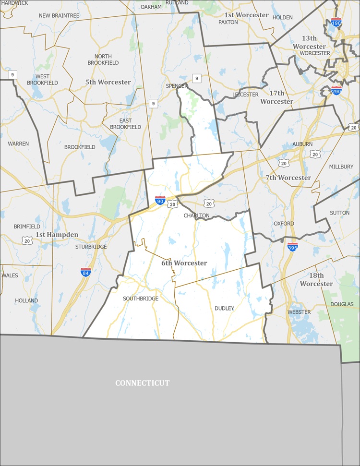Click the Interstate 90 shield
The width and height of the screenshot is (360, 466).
click(x=160, y=200)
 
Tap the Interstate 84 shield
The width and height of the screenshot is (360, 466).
click(x=86, y=272)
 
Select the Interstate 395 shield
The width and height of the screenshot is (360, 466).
click(x=292, y=247)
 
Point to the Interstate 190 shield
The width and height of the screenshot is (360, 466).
click(x=336, y=22)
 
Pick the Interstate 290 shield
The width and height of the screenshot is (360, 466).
click(x=336, y=90)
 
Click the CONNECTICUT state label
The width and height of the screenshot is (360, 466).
click(x=142, y=383)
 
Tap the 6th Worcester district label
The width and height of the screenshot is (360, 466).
click(x=184, y=263)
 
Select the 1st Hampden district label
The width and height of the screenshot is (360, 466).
click(x=57, y=235)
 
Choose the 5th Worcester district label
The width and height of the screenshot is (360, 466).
click(x=108, y=82)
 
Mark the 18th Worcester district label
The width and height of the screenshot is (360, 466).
click(x=316, y=279)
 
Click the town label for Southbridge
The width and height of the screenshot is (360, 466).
click(x=141, y=299)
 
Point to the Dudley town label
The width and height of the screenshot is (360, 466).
click(x=224, y=308)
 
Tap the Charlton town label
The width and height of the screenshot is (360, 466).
click(x=197, y=215)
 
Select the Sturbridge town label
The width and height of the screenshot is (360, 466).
click(x=91, y=247)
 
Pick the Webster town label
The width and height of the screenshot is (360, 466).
click(x=299, y=312)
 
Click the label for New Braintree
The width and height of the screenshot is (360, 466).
click(x=59, y=16)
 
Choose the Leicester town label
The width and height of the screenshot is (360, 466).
click(x=245, y=95)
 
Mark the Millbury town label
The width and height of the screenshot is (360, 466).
click(x=341, y=167)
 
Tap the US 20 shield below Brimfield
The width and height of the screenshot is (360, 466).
click(x=27, y=240)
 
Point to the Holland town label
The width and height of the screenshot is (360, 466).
click(x=26, y=300)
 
